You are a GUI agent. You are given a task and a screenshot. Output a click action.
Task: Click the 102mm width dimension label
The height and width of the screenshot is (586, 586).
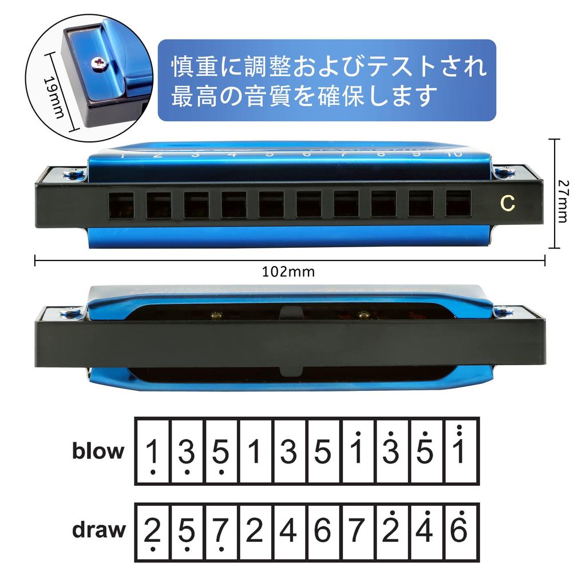288,272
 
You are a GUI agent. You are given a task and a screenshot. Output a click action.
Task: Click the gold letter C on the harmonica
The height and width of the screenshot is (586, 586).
506,203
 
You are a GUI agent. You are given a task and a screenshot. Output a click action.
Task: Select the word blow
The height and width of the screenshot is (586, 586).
98,451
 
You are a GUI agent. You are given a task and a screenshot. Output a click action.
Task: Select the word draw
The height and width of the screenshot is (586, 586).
98,530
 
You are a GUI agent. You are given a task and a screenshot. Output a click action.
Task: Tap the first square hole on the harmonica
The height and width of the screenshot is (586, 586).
121,204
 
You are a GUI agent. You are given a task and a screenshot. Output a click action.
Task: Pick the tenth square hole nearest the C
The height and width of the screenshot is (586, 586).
458,203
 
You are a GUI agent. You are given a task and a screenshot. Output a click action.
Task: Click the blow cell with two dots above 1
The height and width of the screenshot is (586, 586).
460,451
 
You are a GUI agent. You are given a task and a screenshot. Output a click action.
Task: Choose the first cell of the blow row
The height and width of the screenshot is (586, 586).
153,451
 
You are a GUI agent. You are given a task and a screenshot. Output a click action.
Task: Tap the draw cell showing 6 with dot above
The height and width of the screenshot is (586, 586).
460,530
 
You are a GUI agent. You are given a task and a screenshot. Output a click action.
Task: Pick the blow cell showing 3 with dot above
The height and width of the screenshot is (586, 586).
392,451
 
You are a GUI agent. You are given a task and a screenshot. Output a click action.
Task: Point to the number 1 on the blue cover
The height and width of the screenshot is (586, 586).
122,155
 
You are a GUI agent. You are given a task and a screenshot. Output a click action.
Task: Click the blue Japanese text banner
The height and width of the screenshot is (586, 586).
326,80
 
